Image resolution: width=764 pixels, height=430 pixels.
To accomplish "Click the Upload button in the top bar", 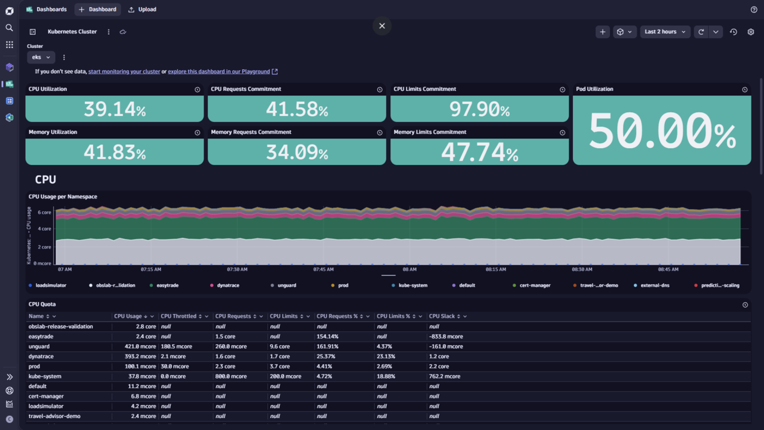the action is click(142, 10).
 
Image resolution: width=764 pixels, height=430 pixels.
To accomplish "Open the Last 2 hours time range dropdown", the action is click(665, 32).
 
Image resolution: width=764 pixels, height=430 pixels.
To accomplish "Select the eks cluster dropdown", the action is click(41, 57).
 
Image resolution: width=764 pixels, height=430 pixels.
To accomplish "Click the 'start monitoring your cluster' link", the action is click(124, 72).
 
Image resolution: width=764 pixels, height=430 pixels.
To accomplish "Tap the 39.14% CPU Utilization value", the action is click(115, 109).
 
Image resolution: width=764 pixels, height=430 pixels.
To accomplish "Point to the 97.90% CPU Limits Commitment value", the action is click(479, 109).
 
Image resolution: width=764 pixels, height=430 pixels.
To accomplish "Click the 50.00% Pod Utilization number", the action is click(662, 131).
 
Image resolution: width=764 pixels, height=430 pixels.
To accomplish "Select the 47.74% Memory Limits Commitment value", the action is click(479, 152).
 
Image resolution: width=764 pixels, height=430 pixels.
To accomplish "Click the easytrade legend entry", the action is click(164, 285).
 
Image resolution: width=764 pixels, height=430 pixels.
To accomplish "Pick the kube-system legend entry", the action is click(410, 285).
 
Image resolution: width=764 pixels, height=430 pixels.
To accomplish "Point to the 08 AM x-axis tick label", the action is click(409, 269).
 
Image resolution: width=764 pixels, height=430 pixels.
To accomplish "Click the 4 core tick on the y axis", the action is click(44, 229).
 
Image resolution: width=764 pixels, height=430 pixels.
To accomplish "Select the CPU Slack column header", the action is click(442, 316).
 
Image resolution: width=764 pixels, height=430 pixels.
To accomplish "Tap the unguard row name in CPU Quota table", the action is click(39, 346).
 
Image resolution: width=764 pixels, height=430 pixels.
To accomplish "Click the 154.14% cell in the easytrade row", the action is click(327, 336).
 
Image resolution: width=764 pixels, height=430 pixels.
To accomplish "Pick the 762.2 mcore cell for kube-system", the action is click(445, 376).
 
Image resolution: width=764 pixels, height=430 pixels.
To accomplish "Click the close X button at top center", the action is click(382, 26).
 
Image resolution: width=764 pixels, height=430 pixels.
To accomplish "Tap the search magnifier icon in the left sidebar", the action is click(10, 28).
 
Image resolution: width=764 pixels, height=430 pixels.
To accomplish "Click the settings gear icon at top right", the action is click(751, 32).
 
